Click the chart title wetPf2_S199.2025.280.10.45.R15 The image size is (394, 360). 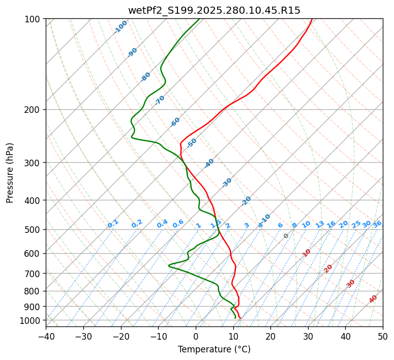coord(214,10)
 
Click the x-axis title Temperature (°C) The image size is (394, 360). coord(214,349)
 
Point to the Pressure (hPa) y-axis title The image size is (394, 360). coord(10,172)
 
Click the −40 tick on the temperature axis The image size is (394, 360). coord(46,337)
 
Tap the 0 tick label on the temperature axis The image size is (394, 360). coord(196,337)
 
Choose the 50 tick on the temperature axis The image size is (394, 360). coord(383,337)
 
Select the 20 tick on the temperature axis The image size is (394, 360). coord(271,337)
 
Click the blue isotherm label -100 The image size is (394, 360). coord(121,26)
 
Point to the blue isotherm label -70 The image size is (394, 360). coord(160,100)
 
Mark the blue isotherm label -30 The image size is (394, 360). coord(227,182)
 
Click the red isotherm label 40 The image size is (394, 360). coord(373,299)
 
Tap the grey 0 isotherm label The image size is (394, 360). coord(286,236)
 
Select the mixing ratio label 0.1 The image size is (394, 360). coord(113,223)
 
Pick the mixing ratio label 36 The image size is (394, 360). coord(377,224)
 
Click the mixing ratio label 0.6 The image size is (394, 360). coord(178,224)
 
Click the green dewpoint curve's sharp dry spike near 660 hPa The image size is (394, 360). coord(169,265)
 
